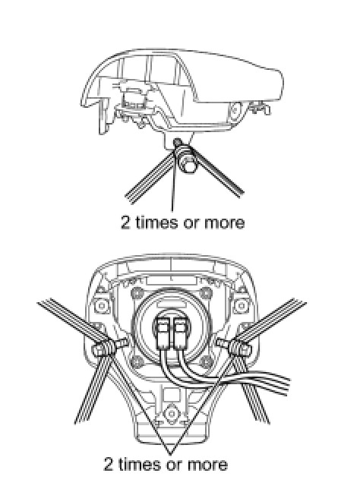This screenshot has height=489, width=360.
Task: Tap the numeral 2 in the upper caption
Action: pyautogui.click(x=125, y=222)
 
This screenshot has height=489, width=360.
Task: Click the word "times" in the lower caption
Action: pyautogui.click(x=140, y=464)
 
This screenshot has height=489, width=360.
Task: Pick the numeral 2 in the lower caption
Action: pyautogui.click(x=108, y=464)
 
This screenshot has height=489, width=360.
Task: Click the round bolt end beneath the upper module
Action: pyautogui.click(x=188, y=165)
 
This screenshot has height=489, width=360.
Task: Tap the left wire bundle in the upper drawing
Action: pyautogui.click(x=150, y=177)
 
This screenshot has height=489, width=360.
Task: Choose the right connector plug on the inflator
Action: pyautogui.click(x=179, y=334)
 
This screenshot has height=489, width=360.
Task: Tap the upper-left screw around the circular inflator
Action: pyautogui.click(x=136, y=292)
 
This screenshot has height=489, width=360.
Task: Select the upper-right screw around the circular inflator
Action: pyautogui.click(x=204, y=292)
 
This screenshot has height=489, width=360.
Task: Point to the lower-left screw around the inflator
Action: pyautogui.click(x=136, y=361)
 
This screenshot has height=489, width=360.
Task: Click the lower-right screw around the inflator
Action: pyautogui.click(x=205, y=361)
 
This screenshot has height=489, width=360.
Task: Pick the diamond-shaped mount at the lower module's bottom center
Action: pyautogui.click(x=171, y=414)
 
